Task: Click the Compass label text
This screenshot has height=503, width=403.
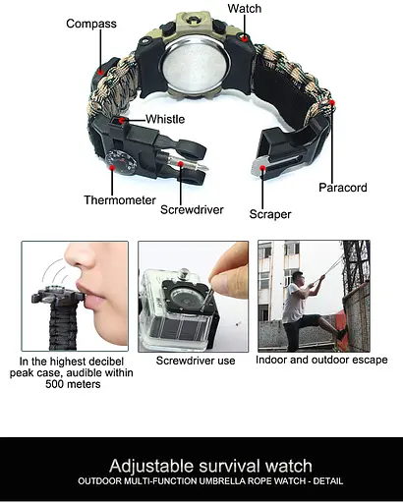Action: [91, 24]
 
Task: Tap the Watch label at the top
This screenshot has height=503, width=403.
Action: [245, 9]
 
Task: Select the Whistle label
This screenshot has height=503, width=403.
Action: [165, 119]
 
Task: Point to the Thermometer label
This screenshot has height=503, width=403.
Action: [120, 200]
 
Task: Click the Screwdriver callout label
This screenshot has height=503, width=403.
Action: [192, 209]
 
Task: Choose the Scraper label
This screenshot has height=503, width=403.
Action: [270, 214]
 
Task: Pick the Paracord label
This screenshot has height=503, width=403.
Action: [343, 188]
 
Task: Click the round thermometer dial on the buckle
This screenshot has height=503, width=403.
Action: [121, 162]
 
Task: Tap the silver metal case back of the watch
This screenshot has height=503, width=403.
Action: [195, 66]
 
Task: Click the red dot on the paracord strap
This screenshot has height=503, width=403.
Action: [332, 103]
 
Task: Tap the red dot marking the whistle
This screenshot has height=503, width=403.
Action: [122, 121]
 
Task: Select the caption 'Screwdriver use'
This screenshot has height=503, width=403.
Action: [196, 361]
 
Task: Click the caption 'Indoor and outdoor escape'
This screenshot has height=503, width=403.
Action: [321, 360]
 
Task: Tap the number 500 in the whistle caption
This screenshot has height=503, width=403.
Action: [54, 384]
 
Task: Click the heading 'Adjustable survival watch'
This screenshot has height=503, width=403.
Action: [210, 466]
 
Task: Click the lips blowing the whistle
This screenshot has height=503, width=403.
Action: [90, 296]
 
